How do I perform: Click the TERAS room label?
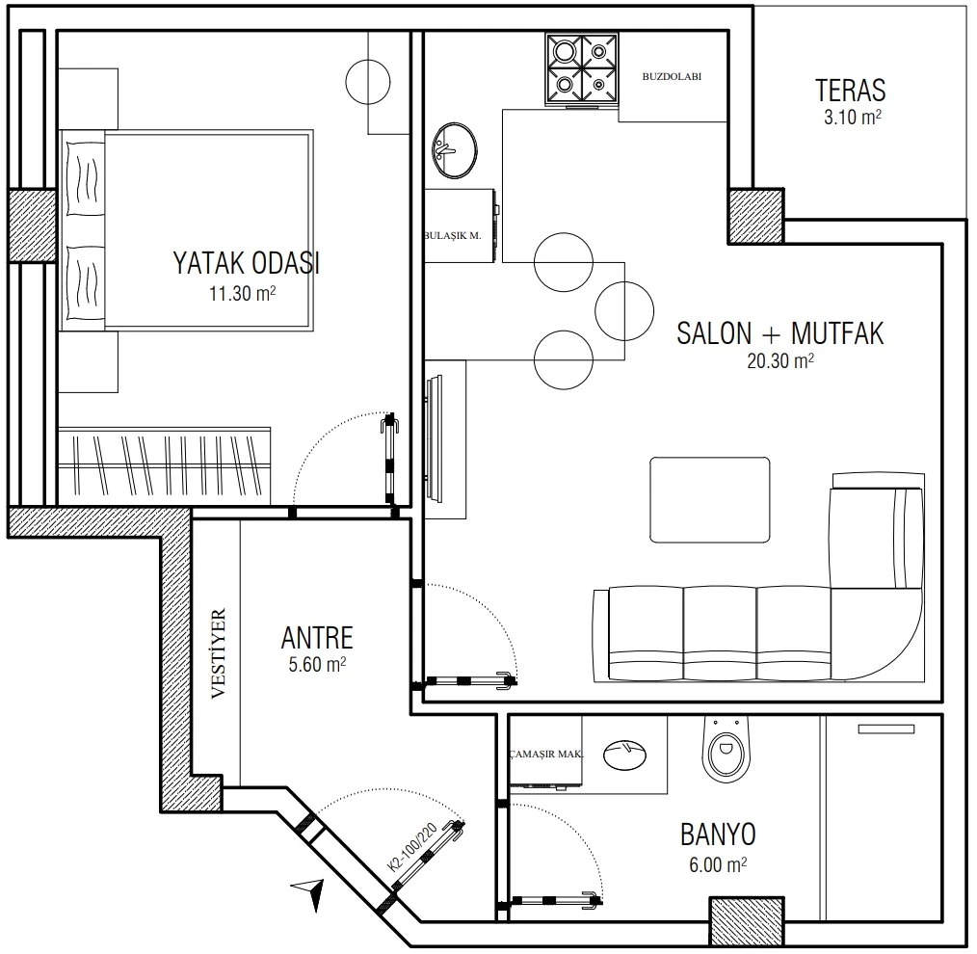coord(851,91)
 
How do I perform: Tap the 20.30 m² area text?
coord(780,360)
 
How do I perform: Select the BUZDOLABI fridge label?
coord(672,77)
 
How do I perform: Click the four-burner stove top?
coord(582,68)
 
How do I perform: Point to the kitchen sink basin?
coord(455,150)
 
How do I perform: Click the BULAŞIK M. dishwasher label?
coord(453,235)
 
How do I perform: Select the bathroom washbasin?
coord(625,755)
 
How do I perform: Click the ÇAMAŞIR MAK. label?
coord(545,754)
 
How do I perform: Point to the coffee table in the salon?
coord(710,500)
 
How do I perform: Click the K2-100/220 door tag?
coord(411,847)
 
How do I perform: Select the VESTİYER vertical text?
coord(218,653)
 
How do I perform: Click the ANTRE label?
coord(317,638)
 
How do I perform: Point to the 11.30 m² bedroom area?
coord(243,293)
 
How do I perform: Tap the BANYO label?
coord(718,835)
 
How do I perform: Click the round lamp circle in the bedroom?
coord(368,82)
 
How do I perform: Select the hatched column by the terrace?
coord(756,216)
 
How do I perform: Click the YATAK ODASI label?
coord(246,263)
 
